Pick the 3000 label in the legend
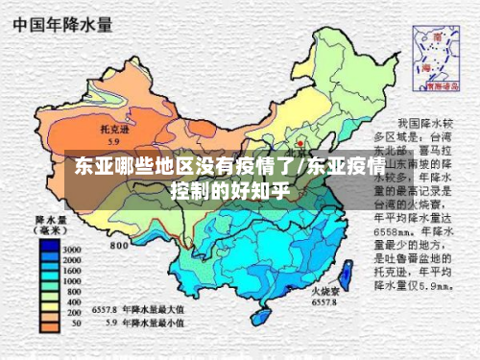72,249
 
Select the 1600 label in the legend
72,271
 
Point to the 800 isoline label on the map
120,246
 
